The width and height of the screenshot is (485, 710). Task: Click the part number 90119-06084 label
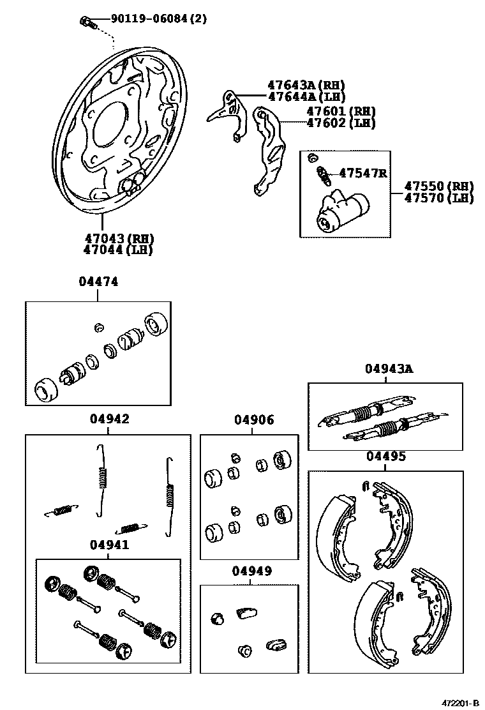coord(147,19)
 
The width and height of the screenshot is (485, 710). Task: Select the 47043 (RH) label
coord(119,238)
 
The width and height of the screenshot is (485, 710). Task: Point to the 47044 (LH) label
coord(118,250)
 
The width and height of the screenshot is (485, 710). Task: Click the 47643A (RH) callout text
coord(306,85)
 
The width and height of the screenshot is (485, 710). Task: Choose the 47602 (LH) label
coord(341,123)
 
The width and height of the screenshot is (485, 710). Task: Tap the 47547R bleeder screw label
coord(363,173)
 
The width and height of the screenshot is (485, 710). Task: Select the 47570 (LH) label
coord(439,198)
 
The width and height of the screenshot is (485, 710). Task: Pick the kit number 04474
coord(99,282)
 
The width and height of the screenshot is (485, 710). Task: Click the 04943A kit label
coord(389,369)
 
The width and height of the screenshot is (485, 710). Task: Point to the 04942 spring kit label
coord(110,419)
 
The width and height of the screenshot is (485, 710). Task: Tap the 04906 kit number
coord(254,419)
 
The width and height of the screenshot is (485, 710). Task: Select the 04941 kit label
coord(110,545)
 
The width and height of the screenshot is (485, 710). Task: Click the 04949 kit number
coord(252,571)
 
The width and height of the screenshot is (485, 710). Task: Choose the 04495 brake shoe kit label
coord(386,456)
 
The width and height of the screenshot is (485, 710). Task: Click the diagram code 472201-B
coord(460,703)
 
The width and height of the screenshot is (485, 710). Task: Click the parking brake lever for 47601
coord(268,151)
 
